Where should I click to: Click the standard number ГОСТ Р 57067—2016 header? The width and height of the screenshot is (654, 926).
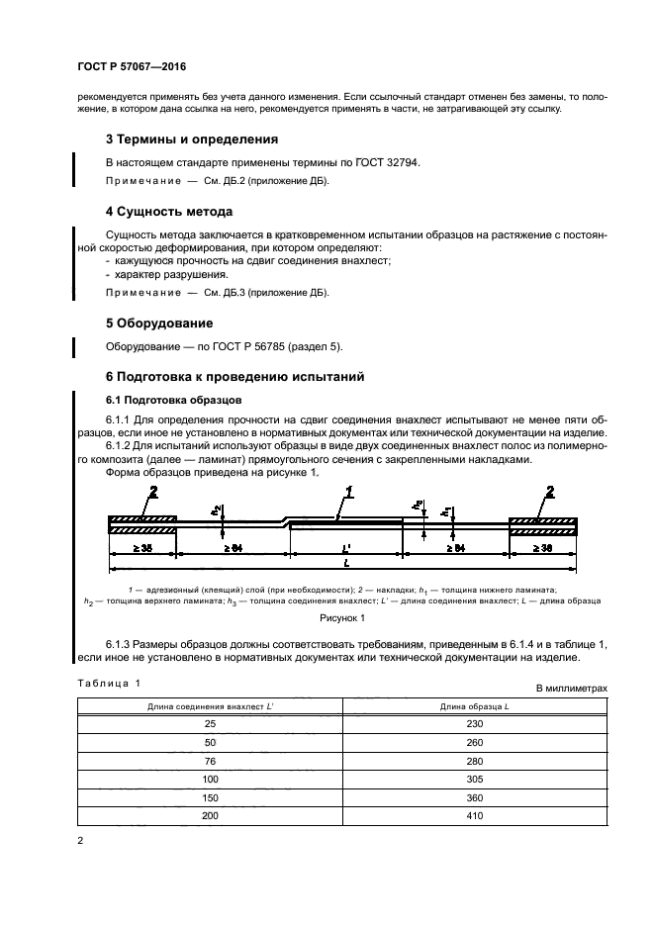(132, 67)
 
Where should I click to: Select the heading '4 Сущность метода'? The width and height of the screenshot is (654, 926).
(169, 212)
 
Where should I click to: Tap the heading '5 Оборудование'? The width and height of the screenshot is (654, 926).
(159, 324)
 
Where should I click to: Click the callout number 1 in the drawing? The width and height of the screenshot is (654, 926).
(348, 492)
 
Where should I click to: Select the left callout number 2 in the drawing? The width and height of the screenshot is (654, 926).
(152, 493)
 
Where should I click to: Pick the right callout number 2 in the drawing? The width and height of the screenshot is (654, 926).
(550, 493)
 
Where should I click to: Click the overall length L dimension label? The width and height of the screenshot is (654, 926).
(344, 562)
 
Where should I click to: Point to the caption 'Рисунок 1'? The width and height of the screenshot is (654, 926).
(341, 618)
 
